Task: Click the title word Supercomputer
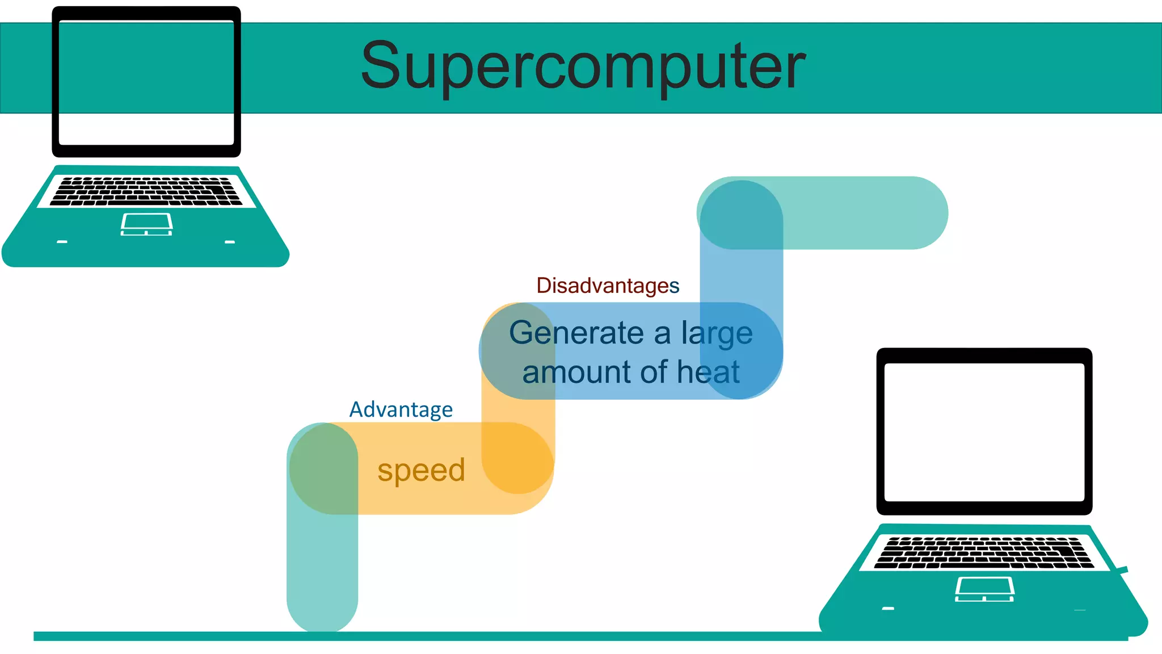point(583,67)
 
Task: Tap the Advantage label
point(401,409)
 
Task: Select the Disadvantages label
point(608,286)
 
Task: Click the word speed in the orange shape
point(421,470)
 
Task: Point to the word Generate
point(576,333)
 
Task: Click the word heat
point(708,372)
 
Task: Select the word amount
point(576,372)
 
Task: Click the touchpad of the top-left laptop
point(146,224)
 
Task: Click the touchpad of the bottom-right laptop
point(984,589)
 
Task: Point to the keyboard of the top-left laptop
point(146,191)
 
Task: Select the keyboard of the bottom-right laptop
point(984,552)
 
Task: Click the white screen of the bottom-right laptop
point(984,432)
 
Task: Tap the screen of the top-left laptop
point(146,82)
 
